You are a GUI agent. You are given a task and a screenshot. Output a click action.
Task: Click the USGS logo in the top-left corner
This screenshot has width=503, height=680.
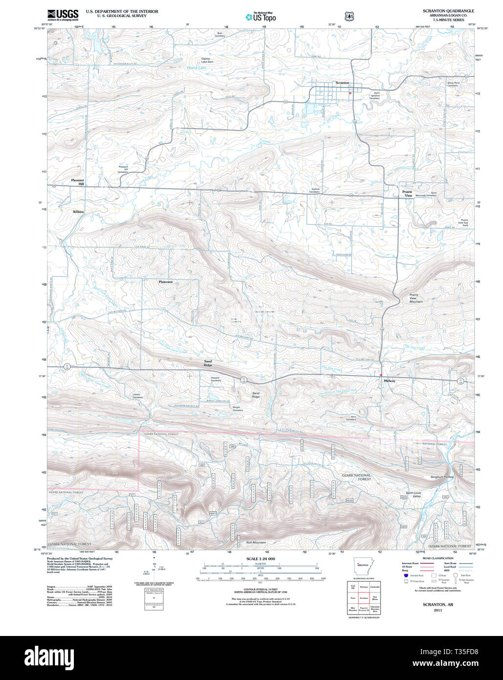click(x=63, y=14)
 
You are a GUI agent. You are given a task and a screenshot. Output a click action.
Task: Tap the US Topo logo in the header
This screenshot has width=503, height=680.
click(x=261, y=17)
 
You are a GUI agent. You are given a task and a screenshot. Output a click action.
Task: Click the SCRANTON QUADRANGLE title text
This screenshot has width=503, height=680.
click(x=448, y=11)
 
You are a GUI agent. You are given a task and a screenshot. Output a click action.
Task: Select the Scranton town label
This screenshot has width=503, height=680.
click(x=342, y=83)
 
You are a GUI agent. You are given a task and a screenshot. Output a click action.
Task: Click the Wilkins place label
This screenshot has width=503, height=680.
click(x=78, y=212)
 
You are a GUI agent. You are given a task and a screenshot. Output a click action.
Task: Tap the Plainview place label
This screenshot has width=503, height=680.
click(x=166, y=282)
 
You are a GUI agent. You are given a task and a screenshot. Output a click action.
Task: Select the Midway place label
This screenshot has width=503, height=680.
click(x=389, y=381)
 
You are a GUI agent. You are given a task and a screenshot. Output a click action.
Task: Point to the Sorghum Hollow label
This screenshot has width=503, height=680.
click(x=442, y=476)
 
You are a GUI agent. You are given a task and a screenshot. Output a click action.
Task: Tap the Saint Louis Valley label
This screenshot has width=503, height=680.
click(x=413, y=495)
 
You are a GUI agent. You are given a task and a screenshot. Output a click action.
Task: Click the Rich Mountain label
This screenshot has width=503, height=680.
click(x=256, y=543)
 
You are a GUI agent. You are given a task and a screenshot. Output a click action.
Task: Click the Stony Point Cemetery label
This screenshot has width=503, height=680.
click(x=453, y=84)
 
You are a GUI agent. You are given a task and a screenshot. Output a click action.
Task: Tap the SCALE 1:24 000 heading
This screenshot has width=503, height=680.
click(x=260, y=559)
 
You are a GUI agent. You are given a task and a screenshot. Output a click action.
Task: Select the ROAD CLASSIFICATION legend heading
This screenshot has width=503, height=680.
click(x=437, y=558)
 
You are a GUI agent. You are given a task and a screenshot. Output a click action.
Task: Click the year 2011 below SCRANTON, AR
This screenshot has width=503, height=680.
click(x=437, y=610)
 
